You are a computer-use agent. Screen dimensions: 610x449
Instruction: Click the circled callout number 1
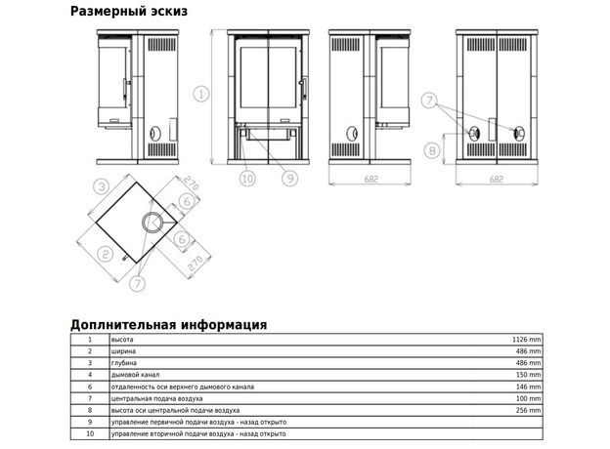tap(201, 94)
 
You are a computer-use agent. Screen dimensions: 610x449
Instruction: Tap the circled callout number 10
tap(247, 179)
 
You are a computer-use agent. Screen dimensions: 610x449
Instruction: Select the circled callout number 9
tap(289, 178)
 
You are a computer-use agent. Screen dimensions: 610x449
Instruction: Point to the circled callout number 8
tap(432, 150)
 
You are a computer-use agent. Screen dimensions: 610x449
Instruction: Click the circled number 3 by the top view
tap(102, 186)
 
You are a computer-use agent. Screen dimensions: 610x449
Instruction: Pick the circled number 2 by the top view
tap(105, 255)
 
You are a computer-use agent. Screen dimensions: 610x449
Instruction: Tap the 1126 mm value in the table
tap(526, 340)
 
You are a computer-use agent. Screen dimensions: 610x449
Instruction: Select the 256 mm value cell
tap(529, 410)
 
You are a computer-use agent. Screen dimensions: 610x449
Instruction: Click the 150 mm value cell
tap(529, 375)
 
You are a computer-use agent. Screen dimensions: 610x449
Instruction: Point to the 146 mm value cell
tap(529, 387)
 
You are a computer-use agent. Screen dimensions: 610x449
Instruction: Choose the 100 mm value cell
tap(529, 398)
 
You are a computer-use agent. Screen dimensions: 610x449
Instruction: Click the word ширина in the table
tap(123, 351)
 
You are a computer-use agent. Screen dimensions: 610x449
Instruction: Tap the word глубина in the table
tap(124, 363)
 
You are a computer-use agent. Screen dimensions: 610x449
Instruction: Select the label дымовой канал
tap(135, 375)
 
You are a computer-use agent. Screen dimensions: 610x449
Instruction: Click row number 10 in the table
tap(90, 433)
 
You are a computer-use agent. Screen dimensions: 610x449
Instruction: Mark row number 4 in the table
tap(90, 375)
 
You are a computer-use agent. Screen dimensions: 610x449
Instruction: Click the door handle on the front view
tap(303, 89)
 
